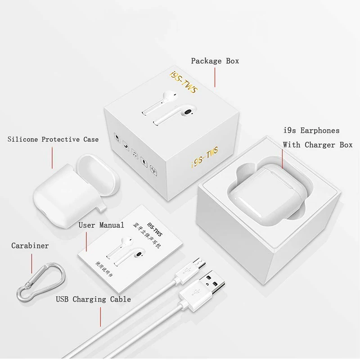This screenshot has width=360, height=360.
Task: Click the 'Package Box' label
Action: pyautogui.click(x=215, y=61)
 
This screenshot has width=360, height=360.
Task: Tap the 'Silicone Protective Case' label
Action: pyautogui.click(x=53, y=139)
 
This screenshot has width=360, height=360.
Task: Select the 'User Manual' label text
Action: pyautogui.click(x=101, y=225)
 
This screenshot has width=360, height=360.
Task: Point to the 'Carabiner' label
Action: pyautogui.click(x=30, y=246)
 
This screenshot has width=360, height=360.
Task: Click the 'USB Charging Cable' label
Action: pyautogui.click(x=94, y=299)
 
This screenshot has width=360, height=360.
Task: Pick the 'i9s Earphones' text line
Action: pyautogui.click(x=311, y=130)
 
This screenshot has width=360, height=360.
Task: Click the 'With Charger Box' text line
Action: pyautogui.click(x=317, y=145)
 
